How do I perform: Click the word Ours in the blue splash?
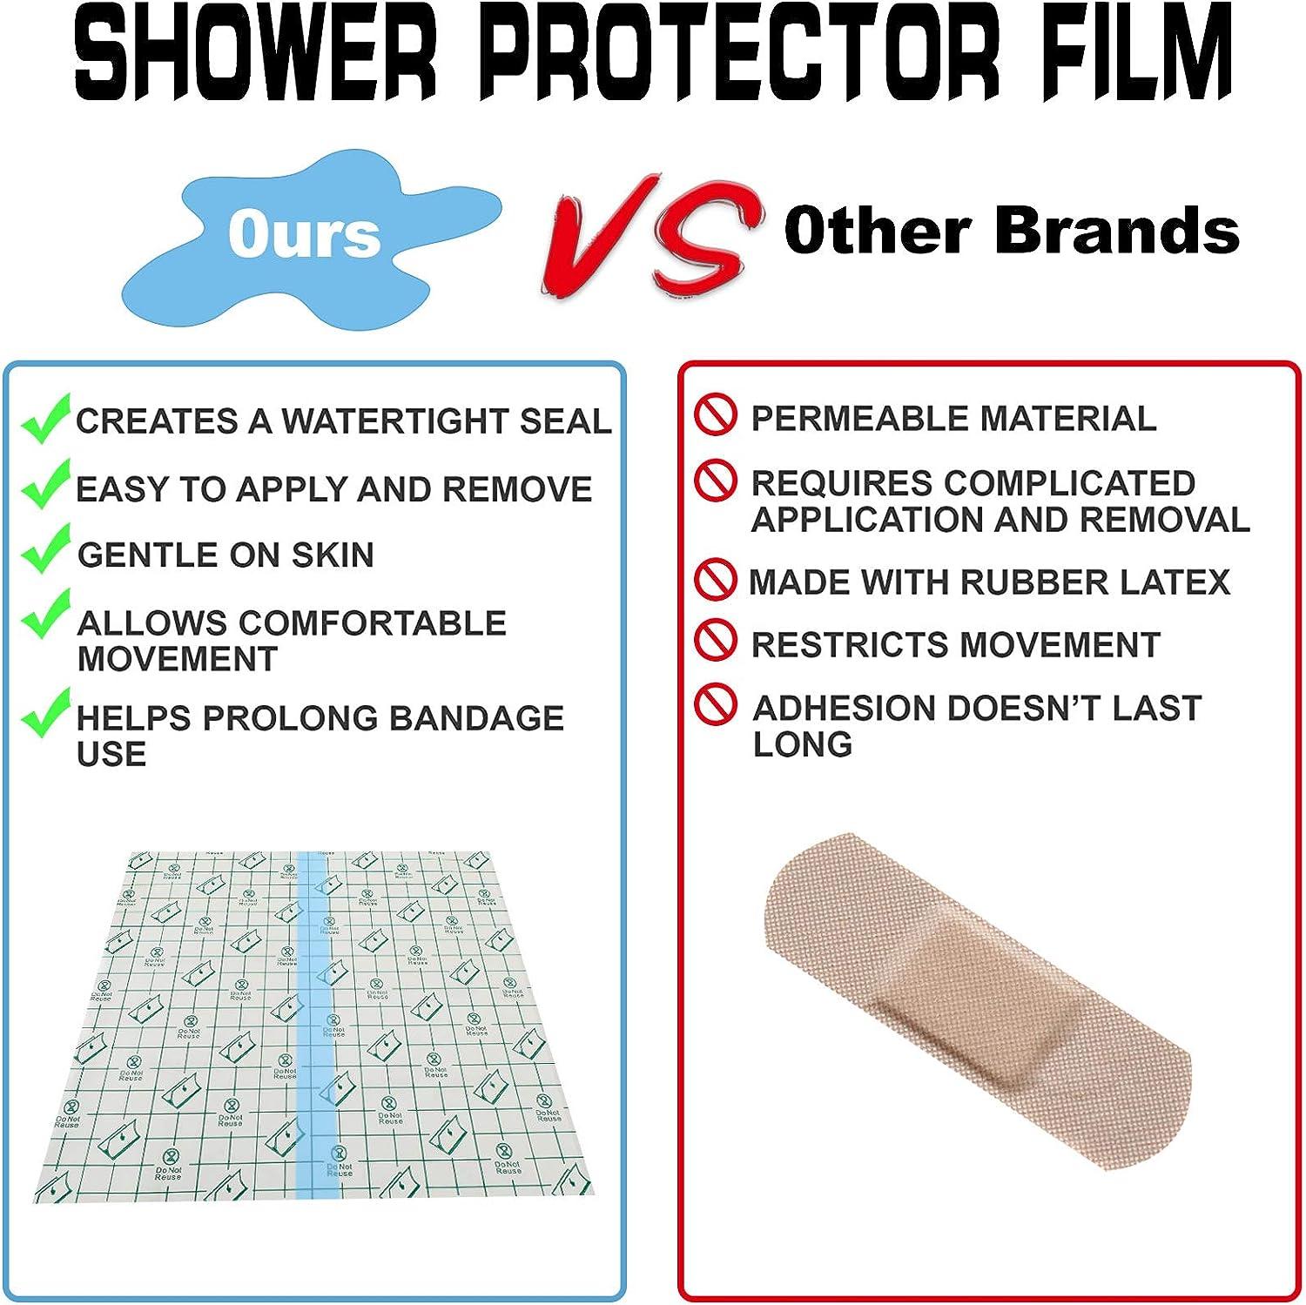point(304,234)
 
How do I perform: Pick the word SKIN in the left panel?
point(332,555)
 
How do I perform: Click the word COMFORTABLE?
point(372,623)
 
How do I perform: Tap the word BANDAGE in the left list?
point(476,718)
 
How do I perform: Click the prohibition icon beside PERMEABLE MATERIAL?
point(715,415)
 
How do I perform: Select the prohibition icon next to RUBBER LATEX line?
point(715,579)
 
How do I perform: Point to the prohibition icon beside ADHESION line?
point(715,704)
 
